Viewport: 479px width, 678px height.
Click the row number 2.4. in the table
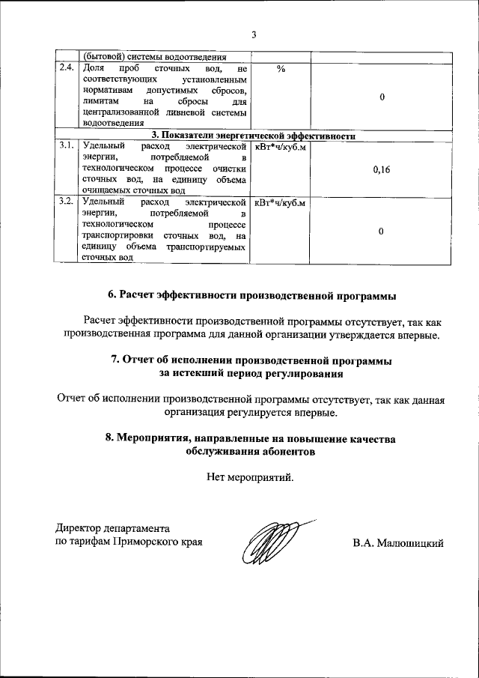pos(67,68)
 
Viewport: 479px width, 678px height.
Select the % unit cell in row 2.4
pos(281,69)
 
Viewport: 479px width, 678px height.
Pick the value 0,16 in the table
pos(381,170)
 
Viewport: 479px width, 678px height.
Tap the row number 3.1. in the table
pos(67,146)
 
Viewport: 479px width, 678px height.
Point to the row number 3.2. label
pos(67,202)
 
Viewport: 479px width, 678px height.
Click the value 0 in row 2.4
pos(381,97)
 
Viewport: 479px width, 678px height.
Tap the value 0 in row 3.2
pos(381,231)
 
